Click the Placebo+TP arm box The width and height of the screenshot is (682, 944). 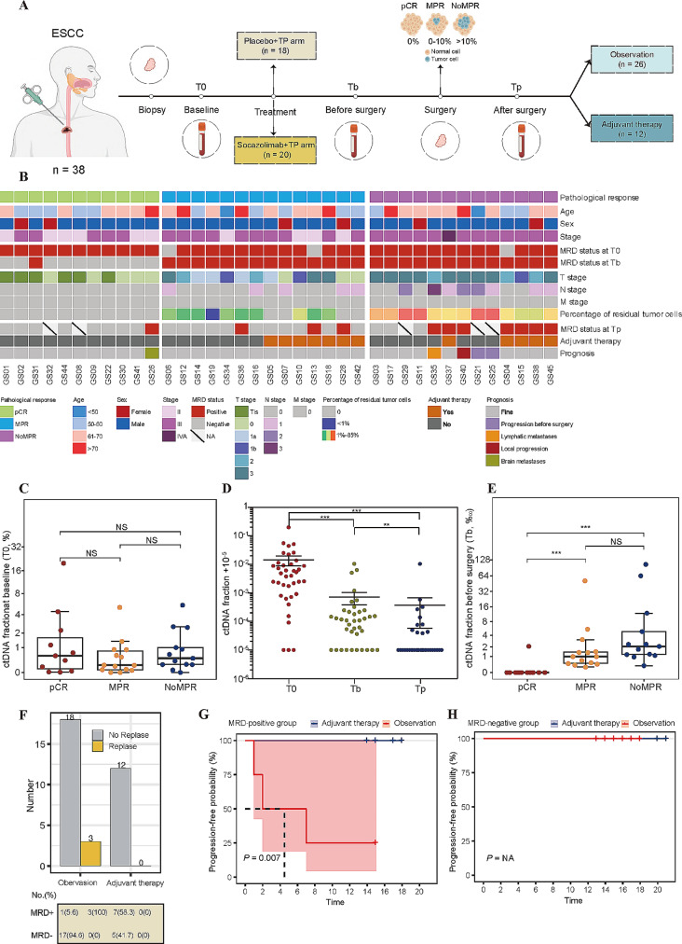point(273,49)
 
